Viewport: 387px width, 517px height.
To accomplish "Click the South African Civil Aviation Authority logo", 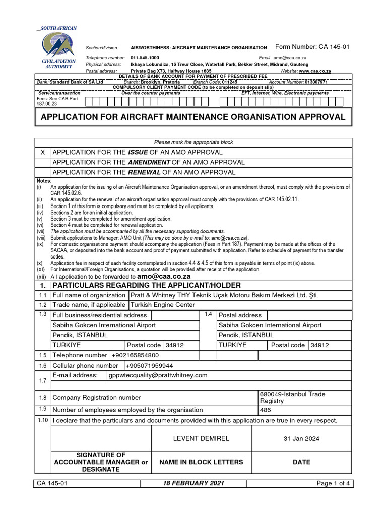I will click(59, 48).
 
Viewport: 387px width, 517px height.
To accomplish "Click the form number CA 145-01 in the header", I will click(311, 47).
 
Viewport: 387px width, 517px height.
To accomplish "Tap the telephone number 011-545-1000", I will click(145, 58).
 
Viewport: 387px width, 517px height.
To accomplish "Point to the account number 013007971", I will click(312, 82).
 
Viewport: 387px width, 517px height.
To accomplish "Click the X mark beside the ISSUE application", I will click(43, 152).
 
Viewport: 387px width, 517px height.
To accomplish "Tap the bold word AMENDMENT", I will click(149, 162).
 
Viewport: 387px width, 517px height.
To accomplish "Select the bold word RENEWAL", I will click(144, 172).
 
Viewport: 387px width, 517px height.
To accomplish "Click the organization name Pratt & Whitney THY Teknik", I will click(224, 295).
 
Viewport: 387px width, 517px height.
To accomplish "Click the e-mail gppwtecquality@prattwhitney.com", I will click(158, 375).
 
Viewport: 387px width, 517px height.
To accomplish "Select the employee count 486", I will click(266, 410).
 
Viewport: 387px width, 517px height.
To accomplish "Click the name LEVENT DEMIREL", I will click(201, 438).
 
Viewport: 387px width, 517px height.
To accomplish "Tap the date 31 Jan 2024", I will click(302, 438).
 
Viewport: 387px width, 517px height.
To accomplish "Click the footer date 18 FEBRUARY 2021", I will click(194, 483).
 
